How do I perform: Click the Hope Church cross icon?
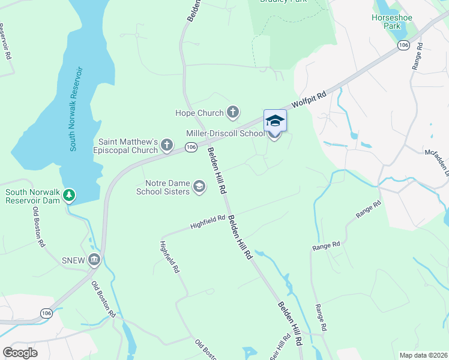click(x=233, y=112)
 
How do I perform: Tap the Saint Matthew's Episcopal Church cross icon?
click(x=167, y=144)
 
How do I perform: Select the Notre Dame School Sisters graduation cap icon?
click(x=199, y=188)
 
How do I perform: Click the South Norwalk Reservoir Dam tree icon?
click(x=70, y=195)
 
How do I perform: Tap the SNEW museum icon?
click(x=94, y=260)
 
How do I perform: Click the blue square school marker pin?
click(x=275, y=121)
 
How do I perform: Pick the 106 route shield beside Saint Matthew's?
click(x=191, y=147)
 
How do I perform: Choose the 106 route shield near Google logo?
click(x=46, y=313)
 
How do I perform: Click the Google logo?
click(x=20, y=353)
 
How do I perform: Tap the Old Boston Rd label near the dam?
click(x=39, y=227)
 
